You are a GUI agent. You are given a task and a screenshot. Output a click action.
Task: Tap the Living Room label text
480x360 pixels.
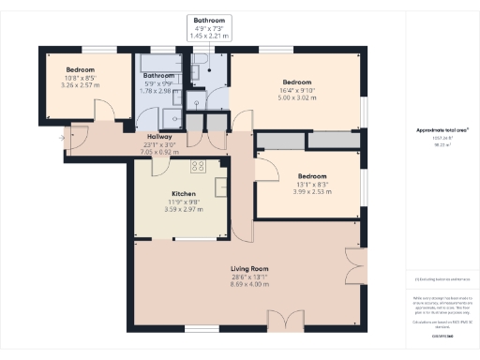click(x=249, y=269)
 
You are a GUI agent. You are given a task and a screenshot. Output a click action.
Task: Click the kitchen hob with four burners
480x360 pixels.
click(x=198, y=167)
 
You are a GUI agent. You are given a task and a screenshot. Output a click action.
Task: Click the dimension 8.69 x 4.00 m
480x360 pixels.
click(x=249, y=285)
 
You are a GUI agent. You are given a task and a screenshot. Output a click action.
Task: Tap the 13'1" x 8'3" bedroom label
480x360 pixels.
click(x=312, y=185)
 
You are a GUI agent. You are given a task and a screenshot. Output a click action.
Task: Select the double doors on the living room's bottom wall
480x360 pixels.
click(x=285, y=321)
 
